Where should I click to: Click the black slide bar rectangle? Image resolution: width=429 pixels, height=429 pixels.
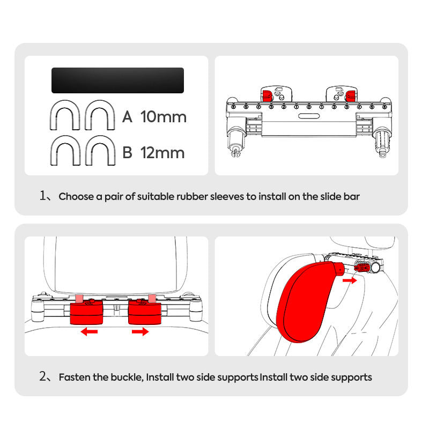coord(117,80)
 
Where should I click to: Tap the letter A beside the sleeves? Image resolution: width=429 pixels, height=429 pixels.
coord(127,117)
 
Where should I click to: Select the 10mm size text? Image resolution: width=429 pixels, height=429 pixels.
coord(164,117)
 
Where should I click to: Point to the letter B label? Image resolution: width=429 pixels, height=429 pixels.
coord(127,153)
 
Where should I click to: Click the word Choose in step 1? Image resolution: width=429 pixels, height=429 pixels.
coord(76,196)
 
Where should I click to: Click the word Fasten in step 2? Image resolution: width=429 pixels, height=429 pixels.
coord(75,377)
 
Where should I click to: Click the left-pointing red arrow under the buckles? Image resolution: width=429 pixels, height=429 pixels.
coord(89,332)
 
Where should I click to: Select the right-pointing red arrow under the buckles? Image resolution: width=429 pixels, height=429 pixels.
coord(140,332)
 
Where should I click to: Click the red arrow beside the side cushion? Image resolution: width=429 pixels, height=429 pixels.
coord(349,280)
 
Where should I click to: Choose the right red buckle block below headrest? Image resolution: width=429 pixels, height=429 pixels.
coord(145,312)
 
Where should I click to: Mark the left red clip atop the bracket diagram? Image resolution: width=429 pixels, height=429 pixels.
coord(267,96)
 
